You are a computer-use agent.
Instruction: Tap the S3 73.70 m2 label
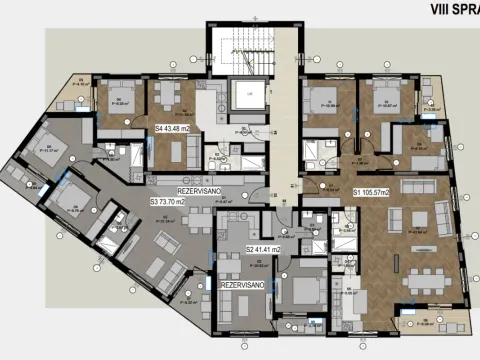tap(172, 201)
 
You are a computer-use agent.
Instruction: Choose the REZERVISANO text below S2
tap(241, 284)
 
